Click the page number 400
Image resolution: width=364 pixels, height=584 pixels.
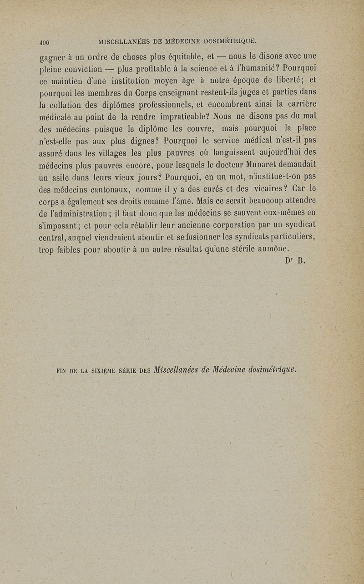click(44, 42)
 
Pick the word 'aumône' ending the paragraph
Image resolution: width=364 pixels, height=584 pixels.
click(274, 249)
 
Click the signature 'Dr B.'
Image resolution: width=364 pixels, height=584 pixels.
click(289, 261)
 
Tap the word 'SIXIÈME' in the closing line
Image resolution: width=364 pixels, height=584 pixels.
click(100, 370)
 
